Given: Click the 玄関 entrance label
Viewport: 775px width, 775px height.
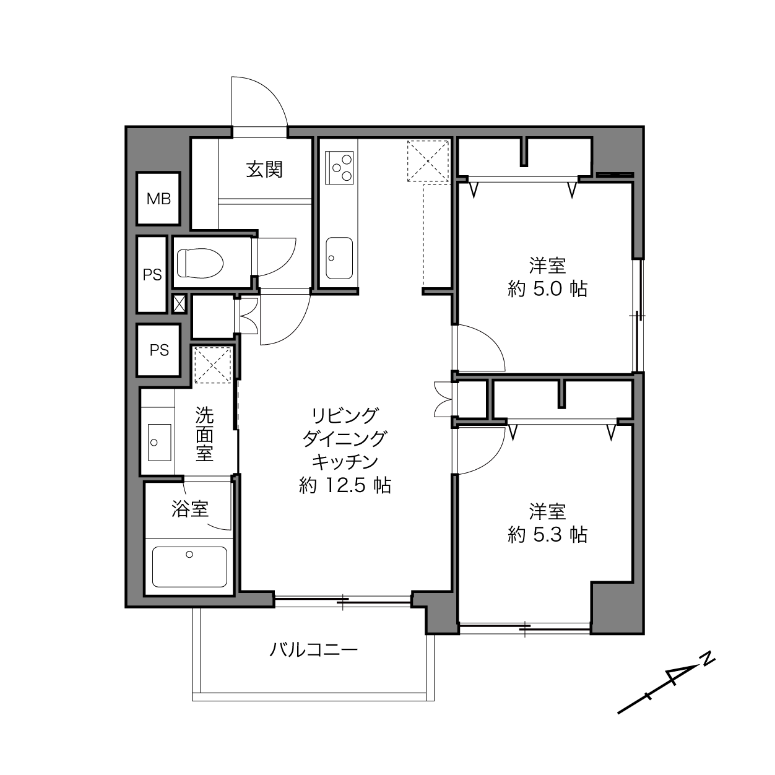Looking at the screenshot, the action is (264, 170).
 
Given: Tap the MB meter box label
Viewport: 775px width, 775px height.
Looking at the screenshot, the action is (158, 199).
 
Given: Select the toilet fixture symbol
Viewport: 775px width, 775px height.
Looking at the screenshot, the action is (200, 263).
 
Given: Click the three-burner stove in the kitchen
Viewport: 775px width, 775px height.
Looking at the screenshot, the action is (339, 167).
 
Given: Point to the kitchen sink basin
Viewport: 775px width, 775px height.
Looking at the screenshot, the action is (339, 258).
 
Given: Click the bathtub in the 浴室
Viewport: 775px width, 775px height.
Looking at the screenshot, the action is (189, 566).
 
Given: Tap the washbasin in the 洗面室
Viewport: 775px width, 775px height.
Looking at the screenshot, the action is (159, 443).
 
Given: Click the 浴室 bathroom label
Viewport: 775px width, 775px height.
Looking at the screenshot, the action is (190, 509).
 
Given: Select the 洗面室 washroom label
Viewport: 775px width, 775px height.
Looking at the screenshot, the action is (204, 434).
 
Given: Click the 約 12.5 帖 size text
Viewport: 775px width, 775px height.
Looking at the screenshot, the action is (345, 485).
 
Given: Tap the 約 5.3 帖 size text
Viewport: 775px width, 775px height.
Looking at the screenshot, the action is (547, 534).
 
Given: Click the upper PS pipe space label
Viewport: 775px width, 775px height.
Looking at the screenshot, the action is (152, 275).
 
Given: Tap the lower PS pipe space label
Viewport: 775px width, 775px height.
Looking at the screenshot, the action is (159, 350).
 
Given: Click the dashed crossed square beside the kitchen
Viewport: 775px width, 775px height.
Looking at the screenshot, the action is (428, 161).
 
